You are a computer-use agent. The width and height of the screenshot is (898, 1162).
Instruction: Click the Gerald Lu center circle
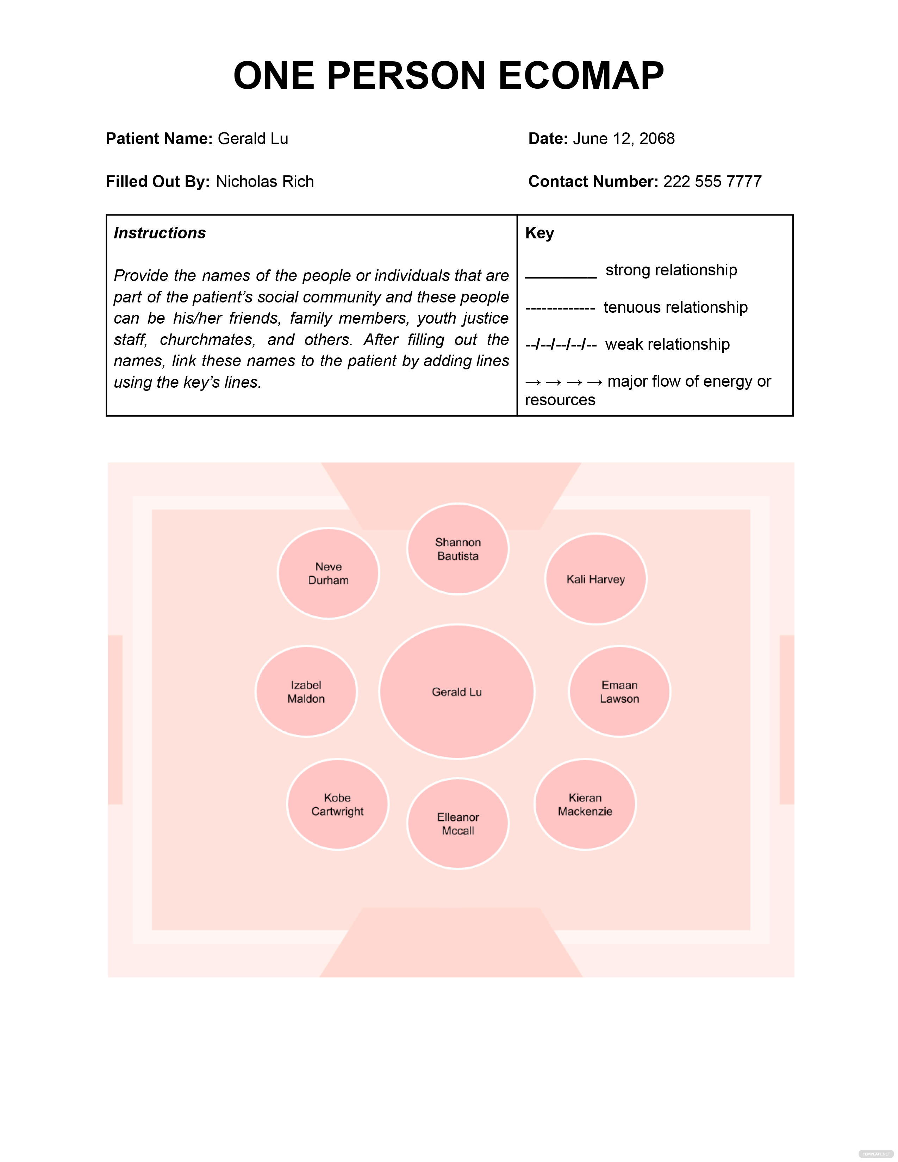456,691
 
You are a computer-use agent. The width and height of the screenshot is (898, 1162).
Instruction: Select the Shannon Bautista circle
457,549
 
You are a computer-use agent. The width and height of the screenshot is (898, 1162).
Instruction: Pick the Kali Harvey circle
596,579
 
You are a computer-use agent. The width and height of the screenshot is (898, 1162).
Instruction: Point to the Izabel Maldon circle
306,691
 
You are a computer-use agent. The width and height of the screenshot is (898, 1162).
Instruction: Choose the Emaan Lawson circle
619,691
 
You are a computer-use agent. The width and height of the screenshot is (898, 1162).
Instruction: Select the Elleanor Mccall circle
457,823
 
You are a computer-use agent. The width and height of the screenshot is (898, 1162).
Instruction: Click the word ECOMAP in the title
581,76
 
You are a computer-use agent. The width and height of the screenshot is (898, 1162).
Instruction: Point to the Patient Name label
159,139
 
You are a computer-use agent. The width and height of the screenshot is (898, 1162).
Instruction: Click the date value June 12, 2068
623,139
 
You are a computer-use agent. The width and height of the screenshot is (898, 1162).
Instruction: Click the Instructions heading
160,233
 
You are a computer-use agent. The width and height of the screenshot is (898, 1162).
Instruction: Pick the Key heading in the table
540,233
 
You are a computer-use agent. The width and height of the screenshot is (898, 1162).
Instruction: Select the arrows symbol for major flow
563,382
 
